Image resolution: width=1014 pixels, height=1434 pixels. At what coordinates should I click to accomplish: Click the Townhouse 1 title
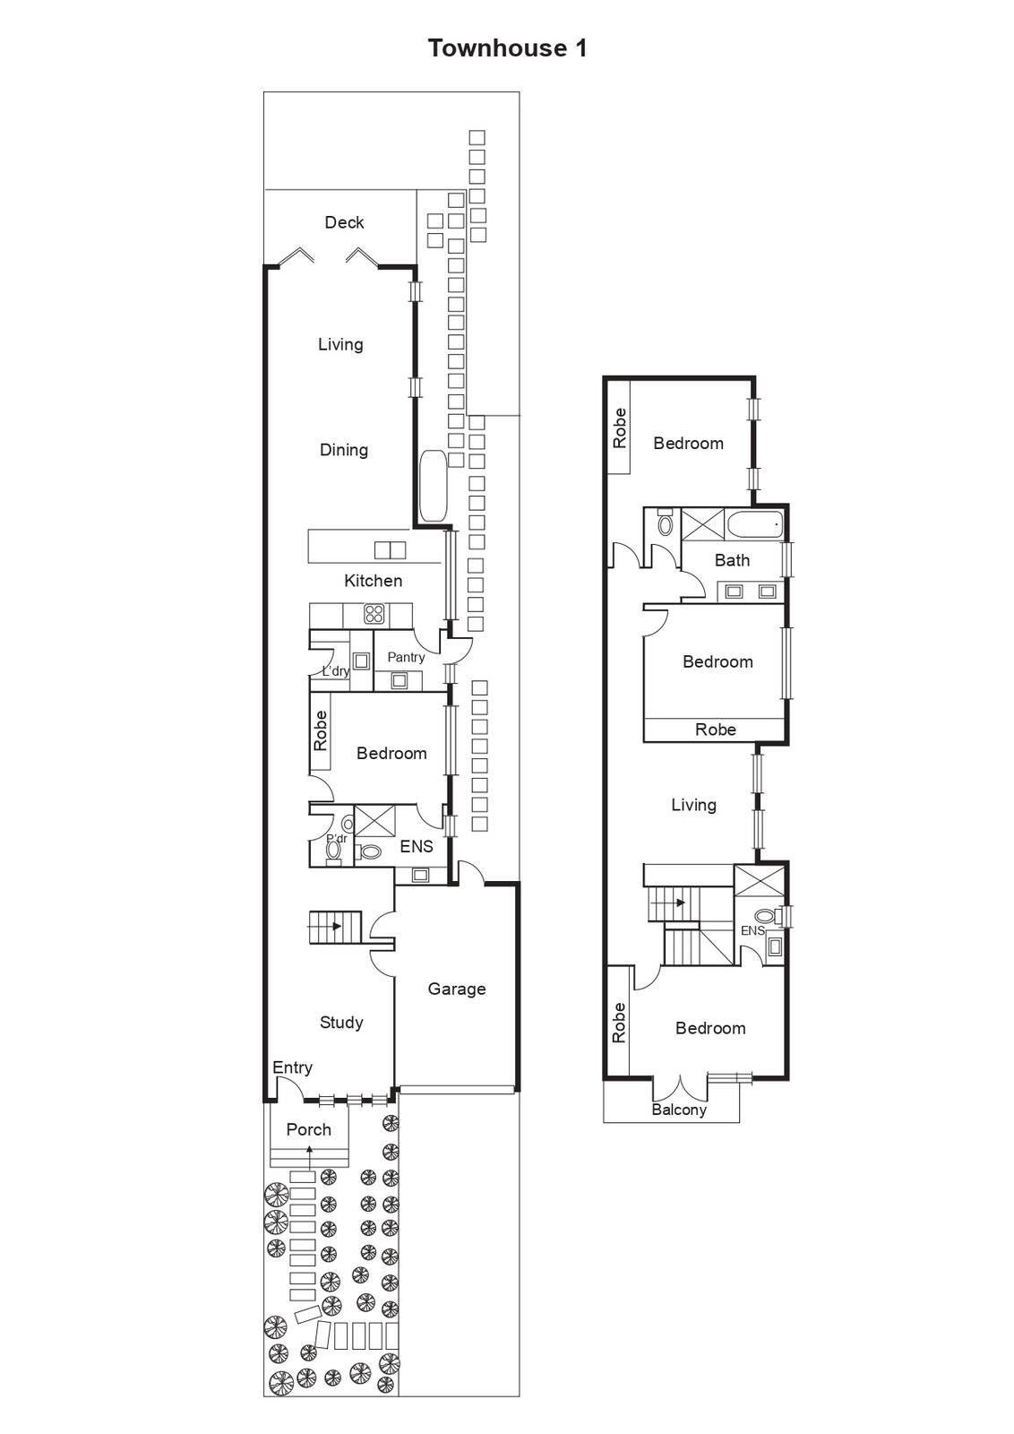(x=507, y=48)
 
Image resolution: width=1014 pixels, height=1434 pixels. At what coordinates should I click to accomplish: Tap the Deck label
(x=344, y=222)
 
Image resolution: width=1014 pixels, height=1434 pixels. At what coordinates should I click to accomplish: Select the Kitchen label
(x=373, y=581)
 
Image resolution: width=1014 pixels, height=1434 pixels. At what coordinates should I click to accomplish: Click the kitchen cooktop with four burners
(x=374, y=614)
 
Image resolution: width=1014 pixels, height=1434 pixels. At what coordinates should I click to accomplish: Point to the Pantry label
(x=406, y=658)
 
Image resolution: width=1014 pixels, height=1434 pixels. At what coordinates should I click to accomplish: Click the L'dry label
(x=336, y=671)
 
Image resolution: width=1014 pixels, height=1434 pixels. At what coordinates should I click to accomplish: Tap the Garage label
(x=457, y=989)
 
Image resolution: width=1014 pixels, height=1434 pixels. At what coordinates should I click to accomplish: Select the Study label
(x=341, y=1023)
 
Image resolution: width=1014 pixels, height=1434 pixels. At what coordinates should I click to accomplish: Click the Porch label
(x=308, y=1129)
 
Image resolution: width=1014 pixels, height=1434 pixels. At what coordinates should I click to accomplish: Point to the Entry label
(x=292, y=1067)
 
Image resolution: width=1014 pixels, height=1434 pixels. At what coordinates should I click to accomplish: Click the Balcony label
(x=679, y=1110)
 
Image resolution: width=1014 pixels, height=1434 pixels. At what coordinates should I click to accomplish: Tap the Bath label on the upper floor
(x=732, y=560)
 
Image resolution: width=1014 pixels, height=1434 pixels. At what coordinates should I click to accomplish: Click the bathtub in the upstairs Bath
(x=755, y=525)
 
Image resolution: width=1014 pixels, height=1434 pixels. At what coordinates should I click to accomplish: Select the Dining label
(x=344, y=450)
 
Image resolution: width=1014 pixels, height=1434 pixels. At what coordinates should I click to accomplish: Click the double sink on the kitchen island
(x=391, y=550)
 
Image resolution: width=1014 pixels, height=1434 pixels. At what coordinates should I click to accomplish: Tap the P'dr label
(x=337, y=838)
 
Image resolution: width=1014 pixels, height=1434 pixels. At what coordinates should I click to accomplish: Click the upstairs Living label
(x=693, y=805)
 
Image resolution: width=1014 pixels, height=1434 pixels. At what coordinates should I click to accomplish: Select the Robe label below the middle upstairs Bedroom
(x=715, y=730)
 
